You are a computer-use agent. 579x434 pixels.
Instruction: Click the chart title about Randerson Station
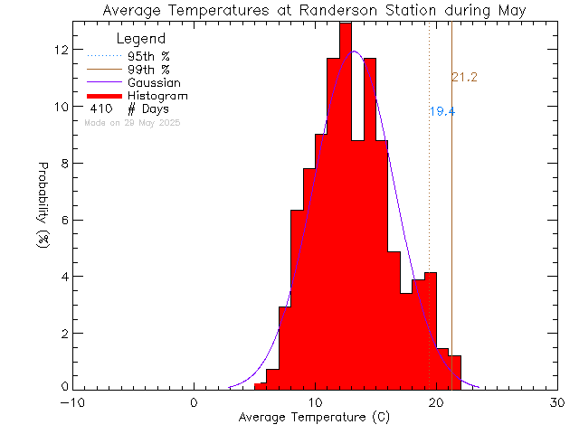click(x=314, y=10)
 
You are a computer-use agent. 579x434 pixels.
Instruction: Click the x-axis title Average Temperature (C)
click(x=314, y=418)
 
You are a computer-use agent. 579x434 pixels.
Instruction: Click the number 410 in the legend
click(x=101, y=108)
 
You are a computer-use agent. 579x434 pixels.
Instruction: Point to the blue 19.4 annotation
click(x=441, y=112)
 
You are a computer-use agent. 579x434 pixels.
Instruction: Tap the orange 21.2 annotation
click(x=464, y=78)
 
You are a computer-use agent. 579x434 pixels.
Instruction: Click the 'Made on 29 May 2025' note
click(x=132, y=122)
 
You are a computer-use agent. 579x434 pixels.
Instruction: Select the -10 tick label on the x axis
click(x=72, y=403)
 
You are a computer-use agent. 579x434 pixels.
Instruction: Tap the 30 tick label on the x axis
click(x=558, y=403)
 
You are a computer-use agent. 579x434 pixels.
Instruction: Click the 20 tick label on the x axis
click(x=437, y=403)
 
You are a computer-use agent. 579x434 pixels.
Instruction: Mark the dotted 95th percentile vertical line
click(x=430, y=181)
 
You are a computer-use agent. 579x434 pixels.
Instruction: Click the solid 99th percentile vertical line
click(x=451, y=226)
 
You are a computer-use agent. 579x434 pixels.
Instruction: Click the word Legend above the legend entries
click(x=141, y=39)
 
